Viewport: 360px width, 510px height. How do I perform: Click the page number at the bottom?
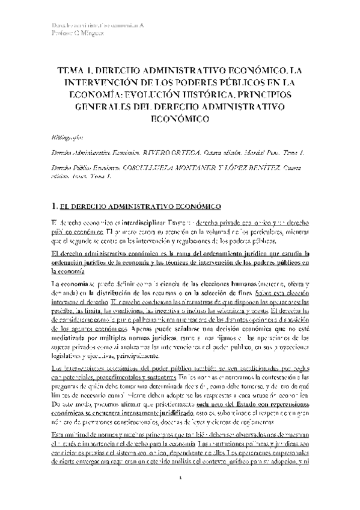pos(181,494)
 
